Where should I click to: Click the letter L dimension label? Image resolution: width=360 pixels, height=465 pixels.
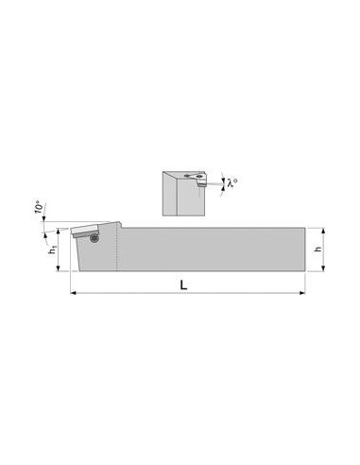pos(183,284)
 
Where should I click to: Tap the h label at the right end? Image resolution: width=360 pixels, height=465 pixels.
pos(318,249)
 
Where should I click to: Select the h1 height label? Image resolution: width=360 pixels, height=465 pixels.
pos(53,250)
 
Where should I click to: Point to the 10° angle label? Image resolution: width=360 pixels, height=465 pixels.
pos(39,207)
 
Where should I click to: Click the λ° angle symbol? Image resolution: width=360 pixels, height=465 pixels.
pos(232,182)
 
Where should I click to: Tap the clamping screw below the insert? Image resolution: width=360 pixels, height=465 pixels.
pos(94,238)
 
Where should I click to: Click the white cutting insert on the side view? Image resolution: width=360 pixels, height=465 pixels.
pos(85,229)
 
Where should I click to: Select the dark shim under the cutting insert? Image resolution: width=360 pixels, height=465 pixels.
pos(86,233)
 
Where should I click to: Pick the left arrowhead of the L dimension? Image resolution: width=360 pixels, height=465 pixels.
pos(73,293)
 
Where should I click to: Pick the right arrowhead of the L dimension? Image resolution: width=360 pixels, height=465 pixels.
pos(302,293)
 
